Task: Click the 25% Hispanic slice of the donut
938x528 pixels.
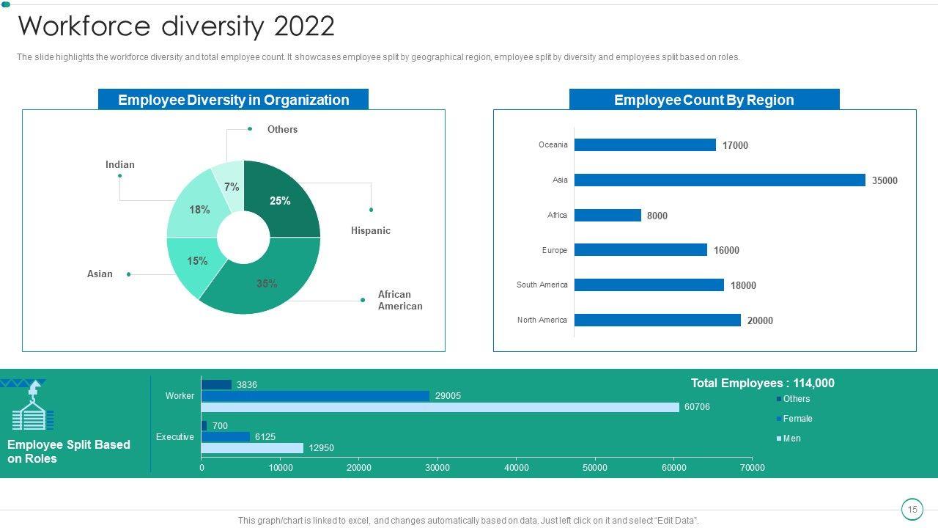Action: (282, 198)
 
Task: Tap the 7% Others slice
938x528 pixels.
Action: (230, 183)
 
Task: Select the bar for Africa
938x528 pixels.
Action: (608, 216)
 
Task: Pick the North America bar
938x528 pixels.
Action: (657, 320)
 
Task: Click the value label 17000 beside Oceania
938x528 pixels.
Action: (735, 146)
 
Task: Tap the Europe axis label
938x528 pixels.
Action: (555, 251)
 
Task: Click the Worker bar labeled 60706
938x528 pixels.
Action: (440, 407)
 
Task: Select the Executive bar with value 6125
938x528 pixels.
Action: (226, 437)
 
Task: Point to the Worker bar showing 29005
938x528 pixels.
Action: (315, 396)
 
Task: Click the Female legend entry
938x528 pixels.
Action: (797, 419)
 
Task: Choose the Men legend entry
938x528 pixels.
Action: (791, 439)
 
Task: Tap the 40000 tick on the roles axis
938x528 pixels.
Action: (517, 468)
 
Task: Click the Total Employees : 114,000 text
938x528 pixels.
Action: (762, 384)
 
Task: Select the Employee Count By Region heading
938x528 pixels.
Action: (703, 100)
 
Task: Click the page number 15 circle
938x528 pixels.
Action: (912, 510)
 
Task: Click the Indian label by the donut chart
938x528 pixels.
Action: (120, 165)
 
